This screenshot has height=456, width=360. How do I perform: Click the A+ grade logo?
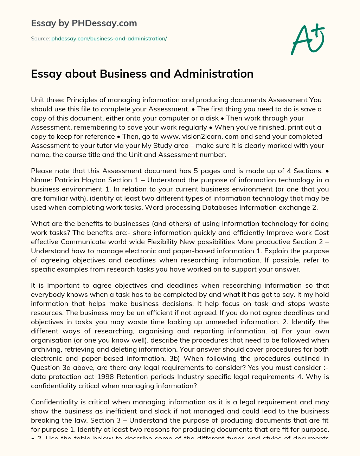[x=308, y=39]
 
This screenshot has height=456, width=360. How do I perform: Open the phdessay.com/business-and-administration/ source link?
[x=109, y=39]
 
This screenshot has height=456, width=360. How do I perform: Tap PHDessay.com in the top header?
[x=104, y=24]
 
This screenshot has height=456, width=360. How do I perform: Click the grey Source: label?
[x=40, y=39]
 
